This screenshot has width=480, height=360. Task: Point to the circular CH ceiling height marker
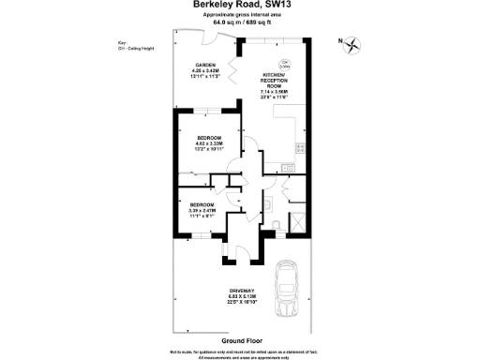pos(286,66)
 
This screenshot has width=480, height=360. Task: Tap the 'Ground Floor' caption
pos(240,339)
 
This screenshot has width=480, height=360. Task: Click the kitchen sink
pos(299,148)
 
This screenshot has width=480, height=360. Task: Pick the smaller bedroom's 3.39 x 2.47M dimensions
pos(202,211)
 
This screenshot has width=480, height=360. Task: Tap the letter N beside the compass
pos(339,42)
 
